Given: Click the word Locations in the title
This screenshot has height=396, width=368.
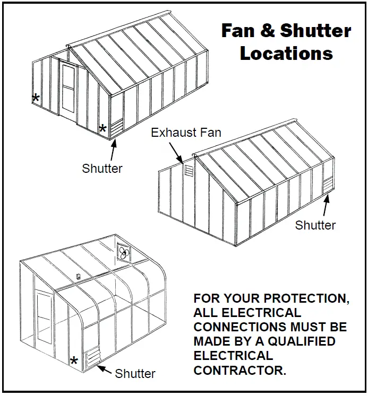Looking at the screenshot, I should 286,53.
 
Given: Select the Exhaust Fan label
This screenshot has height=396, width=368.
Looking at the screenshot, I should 186,132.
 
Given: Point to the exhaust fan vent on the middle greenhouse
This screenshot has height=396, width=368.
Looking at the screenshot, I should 188,171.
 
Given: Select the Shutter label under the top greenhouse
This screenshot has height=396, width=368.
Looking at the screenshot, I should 102,169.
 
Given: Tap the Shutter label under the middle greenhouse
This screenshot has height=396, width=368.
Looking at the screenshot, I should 315,225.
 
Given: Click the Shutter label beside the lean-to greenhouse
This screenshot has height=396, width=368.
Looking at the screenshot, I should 135,373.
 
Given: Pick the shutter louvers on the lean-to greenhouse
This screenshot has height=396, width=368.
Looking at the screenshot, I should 93,358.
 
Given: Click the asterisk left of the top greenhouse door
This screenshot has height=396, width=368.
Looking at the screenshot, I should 36,98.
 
